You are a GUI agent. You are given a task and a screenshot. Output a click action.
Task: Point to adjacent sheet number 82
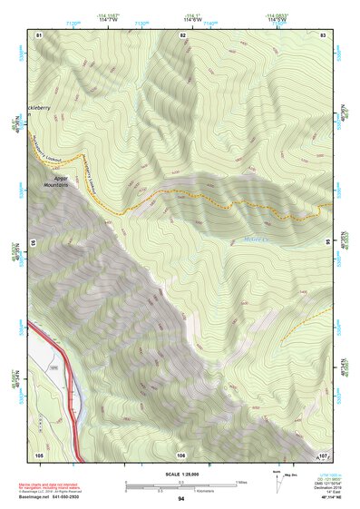click(x=182, y=34)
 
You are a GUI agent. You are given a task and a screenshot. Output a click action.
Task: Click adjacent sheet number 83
click(x=323, y=34)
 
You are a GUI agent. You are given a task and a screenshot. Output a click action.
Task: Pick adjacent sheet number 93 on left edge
click(x=34, y=244)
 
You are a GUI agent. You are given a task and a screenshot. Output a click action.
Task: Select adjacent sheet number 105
click(x=39, y=454)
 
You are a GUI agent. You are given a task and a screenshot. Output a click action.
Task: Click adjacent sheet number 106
click(x=181, y=455)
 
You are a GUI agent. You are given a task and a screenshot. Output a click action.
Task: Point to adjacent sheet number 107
click(x=323, y=455)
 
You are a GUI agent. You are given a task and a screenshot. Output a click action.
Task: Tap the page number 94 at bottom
click(x=181, y=499)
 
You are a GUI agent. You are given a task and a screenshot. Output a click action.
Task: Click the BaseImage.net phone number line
click(x=63, y=497)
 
